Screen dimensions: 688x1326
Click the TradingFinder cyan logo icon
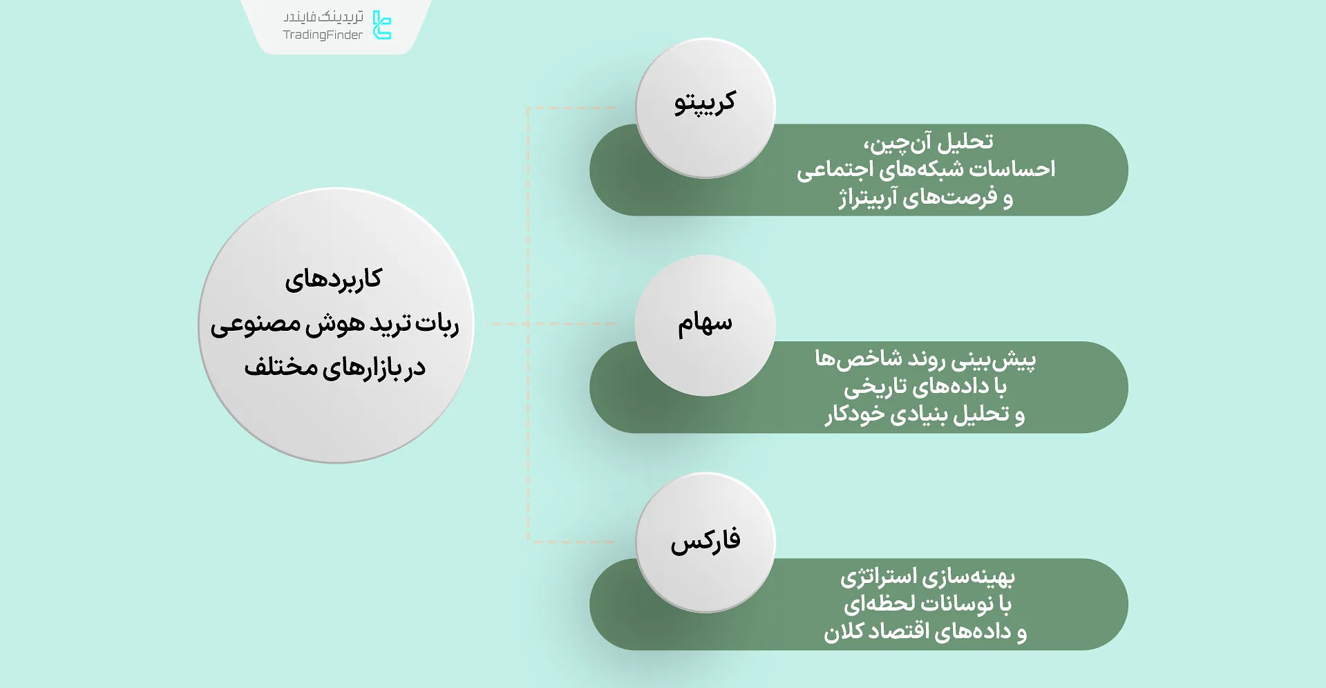point(381,25)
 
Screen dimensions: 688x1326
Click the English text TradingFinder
point(323,35)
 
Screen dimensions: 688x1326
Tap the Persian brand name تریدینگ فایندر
point(323,17)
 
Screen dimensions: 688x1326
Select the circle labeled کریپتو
point(705,107)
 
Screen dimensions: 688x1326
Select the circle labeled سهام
point(705,325)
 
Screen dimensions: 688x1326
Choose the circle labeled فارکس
point(705,542)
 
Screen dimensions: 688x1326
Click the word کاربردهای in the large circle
point(334,280)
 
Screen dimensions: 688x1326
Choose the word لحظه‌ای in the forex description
point(870,605)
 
